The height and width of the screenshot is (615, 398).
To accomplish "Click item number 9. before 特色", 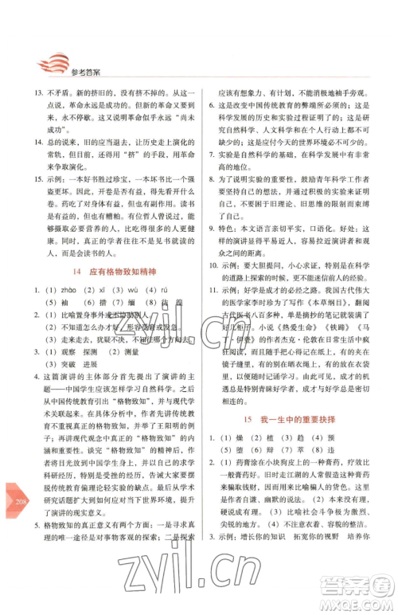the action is [213, 228].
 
